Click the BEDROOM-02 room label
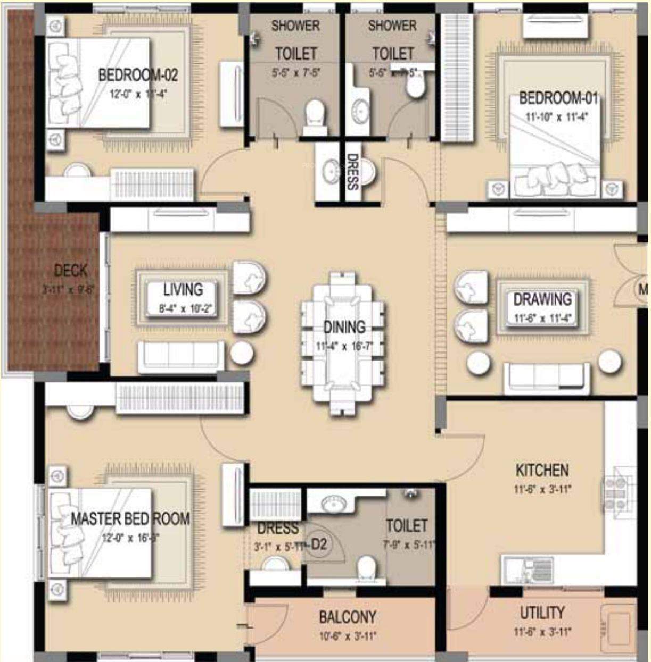138,75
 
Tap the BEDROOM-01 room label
558,98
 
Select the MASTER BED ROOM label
130,518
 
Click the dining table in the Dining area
343,343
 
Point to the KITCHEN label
542,470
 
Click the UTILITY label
542,613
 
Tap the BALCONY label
347,617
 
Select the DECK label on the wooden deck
70,271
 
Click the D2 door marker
318,544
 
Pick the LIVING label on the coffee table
183,290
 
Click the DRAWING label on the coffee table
542,299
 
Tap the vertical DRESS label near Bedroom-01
352,172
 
